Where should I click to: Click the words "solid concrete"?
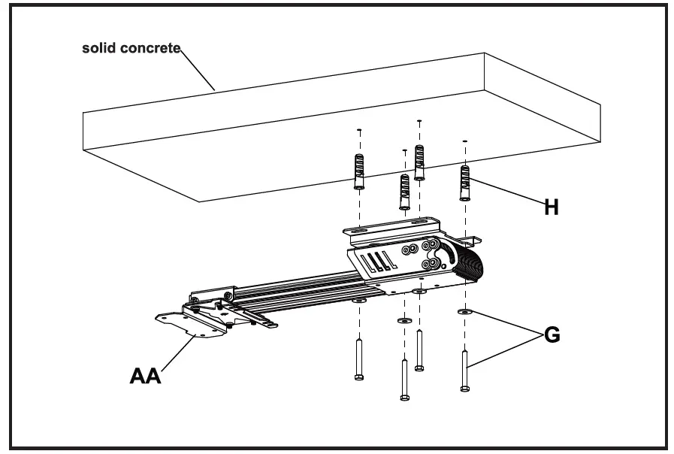[x=131, y=49]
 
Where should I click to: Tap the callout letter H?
[x=551, y=207]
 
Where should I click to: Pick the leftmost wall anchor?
[x=359, y=174]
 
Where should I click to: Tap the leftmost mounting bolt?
[x=359, y=359]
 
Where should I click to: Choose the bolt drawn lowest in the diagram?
[x=404, y=380]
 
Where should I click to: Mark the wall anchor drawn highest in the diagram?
[x=419, y=162]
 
